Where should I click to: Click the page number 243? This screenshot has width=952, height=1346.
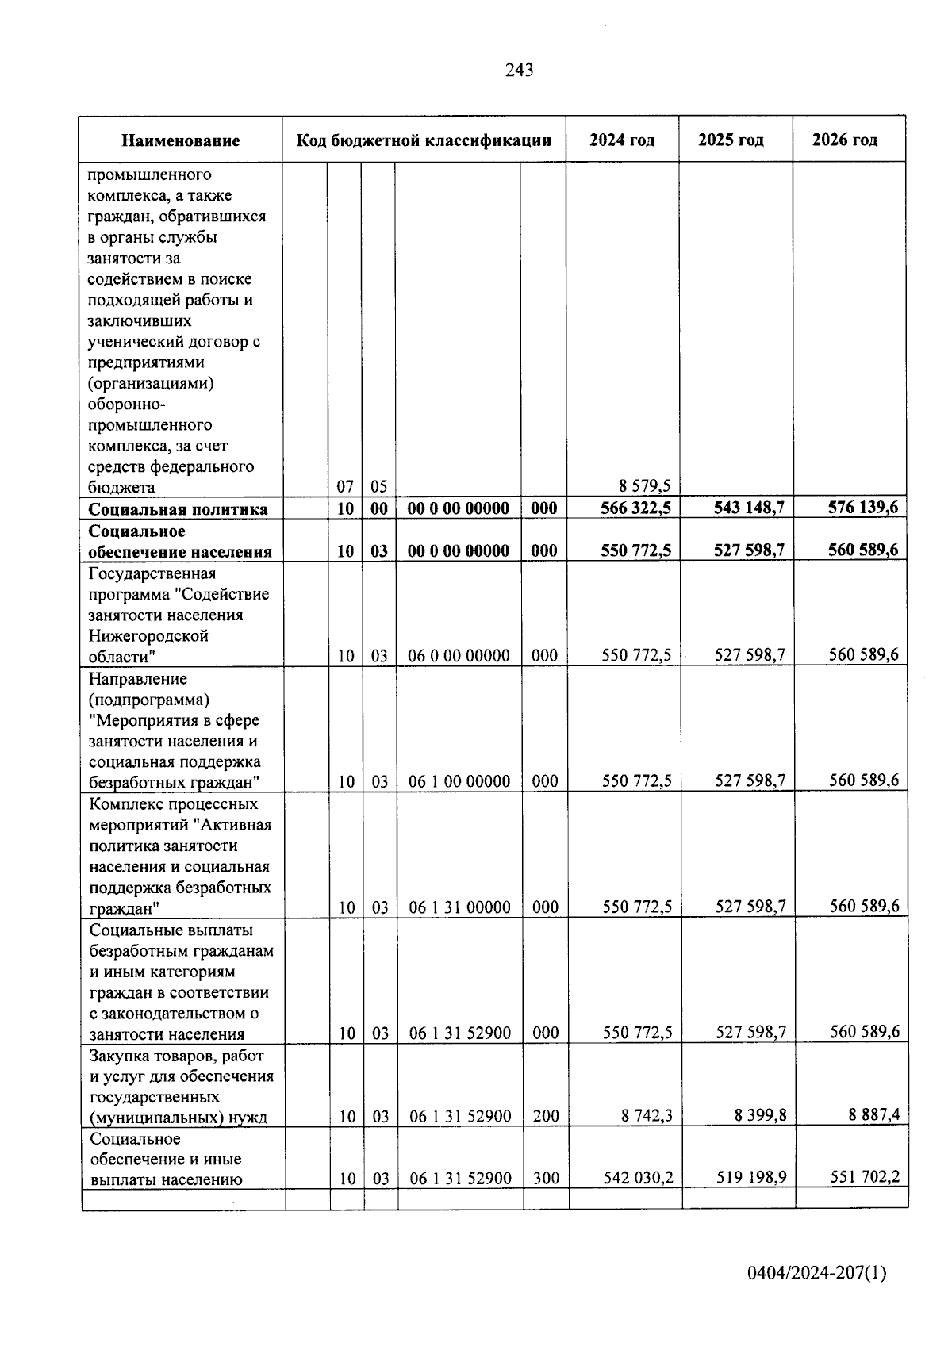point(519,71)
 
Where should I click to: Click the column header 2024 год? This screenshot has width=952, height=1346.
point(622,140)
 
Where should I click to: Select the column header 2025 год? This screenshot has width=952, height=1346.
point(731,140)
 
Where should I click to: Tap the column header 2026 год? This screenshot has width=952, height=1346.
point(845,140)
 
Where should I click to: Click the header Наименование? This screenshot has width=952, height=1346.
point(181,141)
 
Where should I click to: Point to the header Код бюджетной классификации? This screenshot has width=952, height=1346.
point(424,141)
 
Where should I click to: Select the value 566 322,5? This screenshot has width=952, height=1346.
point(635,508)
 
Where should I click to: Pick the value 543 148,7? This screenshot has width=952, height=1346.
point(749,508)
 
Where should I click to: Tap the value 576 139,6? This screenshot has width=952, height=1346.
point(862,508)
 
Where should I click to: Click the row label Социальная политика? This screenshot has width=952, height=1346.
point(178,509)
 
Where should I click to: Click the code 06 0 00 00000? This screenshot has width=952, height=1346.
point(459,656)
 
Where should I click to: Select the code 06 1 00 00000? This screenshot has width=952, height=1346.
point(459,781)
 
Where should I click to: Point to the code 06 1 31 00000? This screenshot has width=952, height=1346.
point(459,907)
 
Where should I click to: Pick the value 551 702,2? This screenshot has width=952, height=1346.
point(864,1178)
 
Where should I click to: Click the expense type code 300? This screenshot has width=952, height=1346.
point(546,1179)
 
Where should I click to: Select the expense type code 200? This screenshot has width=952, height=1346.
point(546,1117)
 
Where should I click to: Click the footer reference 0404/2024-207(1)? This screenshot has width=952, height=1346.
point(816,1274)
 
